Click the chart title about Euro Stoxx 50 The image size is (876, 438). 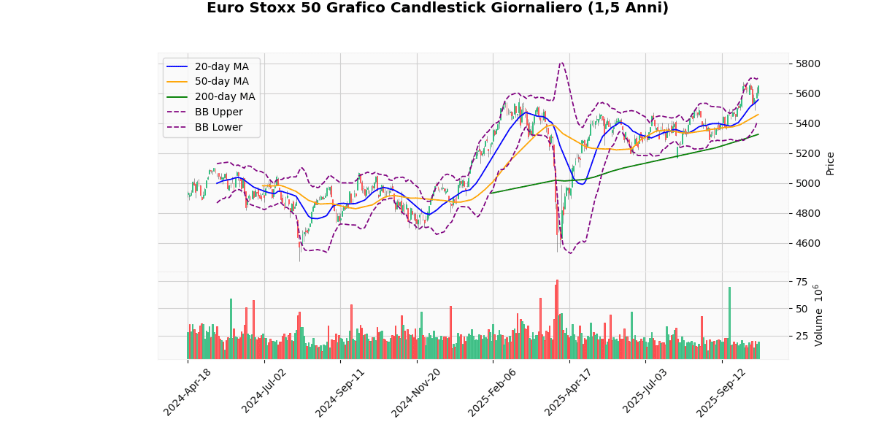[x=437, y=8]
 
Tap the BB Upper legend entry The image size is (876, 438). [x=218, y=112]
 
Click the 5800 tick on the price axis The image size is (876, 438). [x=808, y=64]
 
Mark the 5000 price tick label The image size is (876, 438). [x=808, y=183]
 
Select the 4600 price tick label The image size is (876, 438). [x=808, y=243]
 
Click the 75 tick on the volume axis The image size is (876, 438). [x=802, y=282]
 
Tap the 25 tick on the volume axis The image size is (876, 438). [x=802, y=336]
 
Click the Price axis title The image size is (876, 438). [x=830, y=164]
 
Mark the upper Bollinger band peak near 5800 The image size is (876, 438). [x=561, y=63]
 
